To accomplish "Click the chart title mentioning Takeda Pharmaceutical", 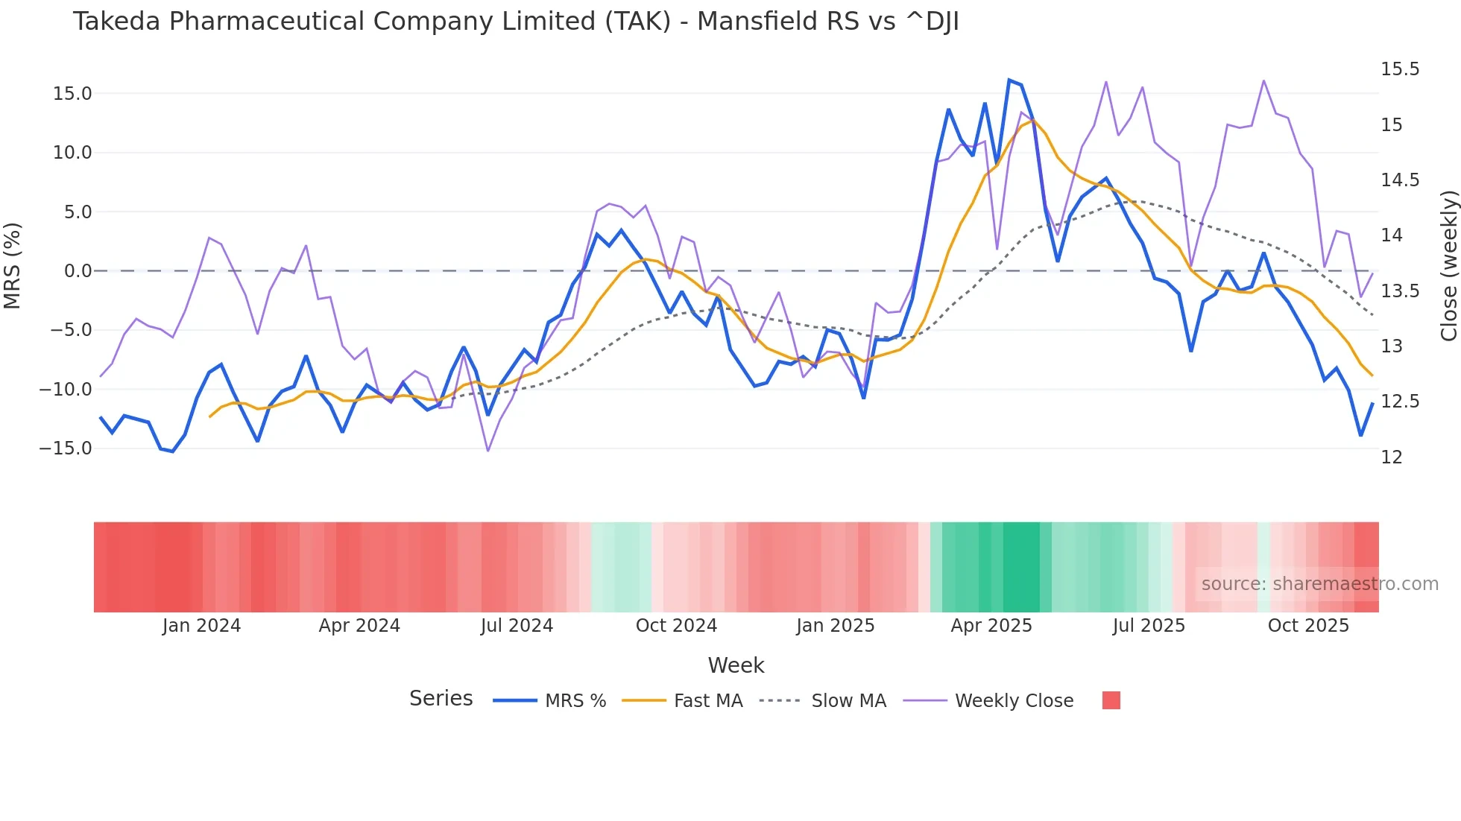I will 515,22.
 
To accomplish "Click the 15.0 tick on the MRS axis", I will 72,94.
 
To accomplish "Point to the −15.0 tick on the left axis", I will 66,448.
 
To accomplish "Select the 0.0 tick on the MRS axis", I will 78,271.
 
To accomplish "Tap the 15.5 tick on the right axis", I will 1400,69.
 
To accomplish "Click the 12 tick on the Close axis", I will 1391,457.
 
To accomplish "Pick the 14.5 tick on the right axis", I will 1400,180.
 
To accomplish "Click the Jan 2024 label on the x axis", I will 201,626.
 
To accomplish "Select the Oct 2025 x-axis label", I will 1308,626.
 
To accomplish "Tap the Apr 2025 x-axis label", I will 991,626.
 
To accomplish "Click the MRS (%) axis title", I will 13,266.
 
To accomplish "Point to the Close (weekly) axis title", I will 1448,266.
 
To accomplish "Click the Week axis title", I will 736,665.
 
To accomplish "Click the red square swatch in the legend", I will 1111,700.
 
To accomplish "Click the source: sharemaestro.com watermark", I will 1319,584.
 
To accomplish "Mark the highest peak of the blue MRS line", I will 1009,80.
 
